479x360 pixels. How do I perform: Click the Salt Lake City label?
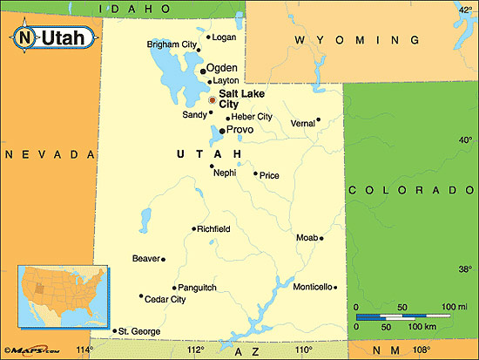tap(243, 98)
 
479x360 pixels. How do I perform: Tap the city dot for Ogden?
tap(203, 71)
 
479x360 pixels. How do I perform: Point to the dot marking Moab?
tap(322, 238)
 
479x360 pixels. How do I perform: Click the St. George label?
tap(139, 331)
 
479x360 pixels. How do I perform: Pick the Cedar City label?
tap(165, 300)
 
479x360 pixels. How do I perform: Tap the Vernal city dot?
tap(319, 119)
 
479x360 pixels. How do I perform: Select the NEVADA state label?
tap(49, 153)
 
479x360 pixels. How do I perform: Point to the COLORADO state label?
tap(411, 190)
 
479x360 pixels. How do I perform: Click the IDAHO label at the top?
tap(135, 8)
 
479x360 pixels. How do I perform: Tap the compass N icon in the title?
tap(26, 37)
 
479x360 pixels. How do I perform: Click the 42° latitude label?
tap(465, 10)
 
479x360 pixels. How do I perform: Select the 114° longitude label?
tap(84, 350)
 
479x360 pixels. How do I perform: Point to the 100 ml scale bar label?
tap(455, 307)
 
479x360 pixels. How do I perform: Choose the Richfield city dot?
tap(193, 229)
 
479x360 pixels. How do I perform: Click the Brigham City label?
tap(172, 44)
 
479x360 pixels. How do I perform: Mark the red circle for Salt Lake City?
tap(212, 100)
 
